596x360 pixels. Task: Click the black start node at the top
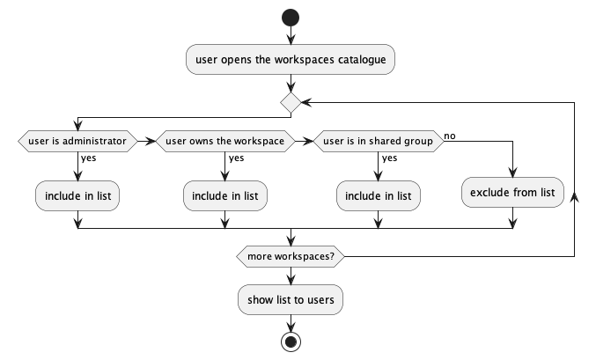coord(291,18)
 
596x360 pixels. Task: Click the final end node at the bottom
coord(291,342)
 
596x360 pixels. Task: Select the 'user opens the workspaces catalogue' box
coord(291,61)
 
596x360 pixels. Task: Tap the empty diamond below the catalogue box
coord(291,103)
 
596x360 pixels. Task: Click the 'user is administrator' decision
coord(77,141)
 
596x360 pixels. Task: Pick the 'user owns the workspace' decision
coord(225,141)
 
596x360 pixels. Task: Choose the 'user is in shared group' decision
coord(378,141)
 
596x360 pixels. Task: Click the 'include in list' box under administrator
coord(77,195)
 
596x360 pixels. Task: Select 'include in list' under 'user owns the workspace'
coord(225,195)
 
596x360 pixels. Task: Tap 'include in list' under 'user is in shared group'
coord(378,195)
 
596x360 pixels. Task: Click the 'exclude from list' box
coord(512,192)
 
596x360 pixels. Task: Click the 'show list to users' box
coord(291,299)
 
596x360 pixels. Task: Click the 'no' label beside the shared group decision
coord(450,136)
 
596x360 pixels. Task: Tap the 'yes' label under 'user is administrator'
coord(89,159)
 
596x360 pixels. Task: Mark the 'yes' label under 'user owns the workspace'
coord(236,159)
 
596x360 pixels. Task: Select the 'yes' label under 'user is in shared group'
coord(389,159)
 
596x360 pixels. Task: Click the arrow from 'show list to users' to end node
coord(291,322)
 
